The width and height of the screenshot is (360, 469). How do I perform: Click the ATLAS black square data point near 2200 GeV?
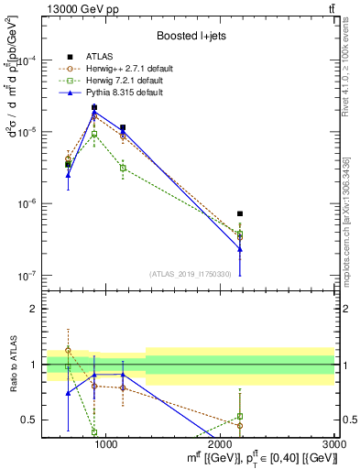pyautogui.click(x=240, y=213)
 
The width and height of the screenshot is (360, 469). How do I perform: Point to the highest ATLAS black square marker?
pyautogui.click(x=94, y=107)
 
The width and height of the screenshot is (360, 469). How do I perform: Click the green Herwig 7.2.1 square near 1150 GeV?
pyautogui.click(x=123, y=168)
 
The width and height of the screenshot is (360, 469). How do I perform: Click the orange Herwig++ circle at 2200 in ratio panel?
pyautogui.click(x=240, y=426)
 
